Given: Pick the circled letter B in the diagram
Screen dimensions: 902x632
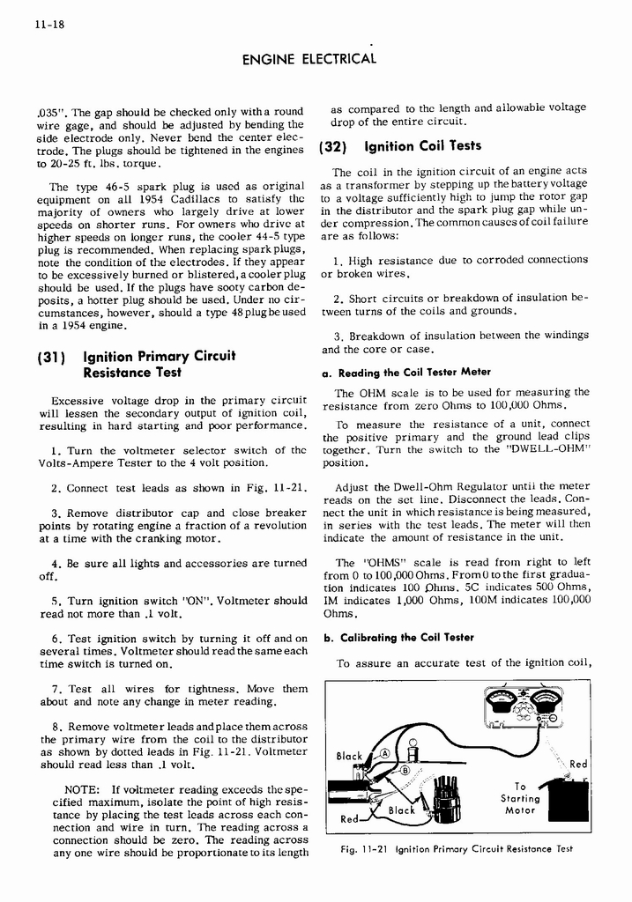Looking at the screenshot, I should [x=405, y=771].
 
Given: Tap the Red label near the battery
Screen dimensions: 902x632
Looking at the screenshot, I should [x=577, y=765].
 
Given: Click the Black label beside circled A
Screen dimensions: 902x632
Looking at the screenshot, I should [x=350, y=756].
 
